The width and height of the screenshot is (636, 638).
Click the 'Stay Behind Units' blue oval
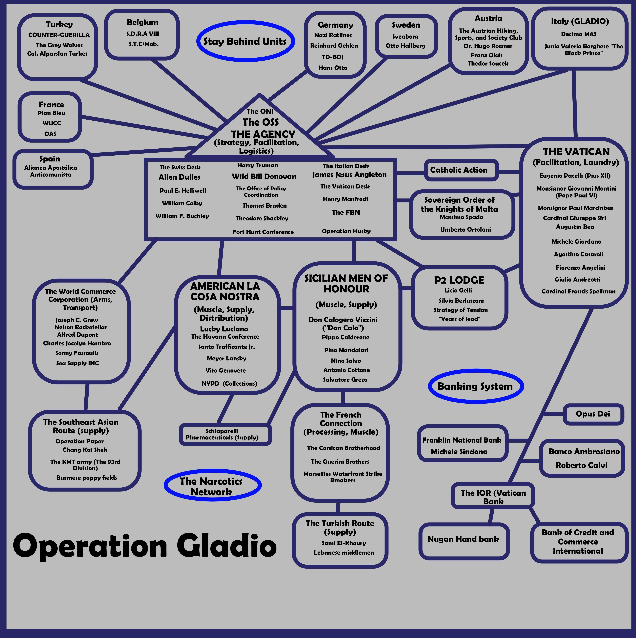click(245, 41)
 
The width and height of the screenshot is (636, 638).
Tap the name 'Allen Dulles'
click(180, 177)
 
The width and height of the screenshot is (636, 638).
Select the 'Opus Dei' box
click(593, 414)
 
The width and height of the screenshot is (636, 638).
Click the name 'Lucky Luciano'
click(224, 329)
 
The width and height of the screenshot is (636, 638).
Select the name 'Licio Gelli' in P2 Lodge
click(458, 290)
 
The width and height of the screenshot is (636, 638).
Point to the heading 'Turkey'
click(59, 24)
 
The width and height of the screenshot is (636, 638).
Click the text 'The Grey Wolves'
click(59, 45)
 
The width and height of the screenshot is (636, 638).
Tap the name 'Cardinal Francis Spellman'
click(578, 291)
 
